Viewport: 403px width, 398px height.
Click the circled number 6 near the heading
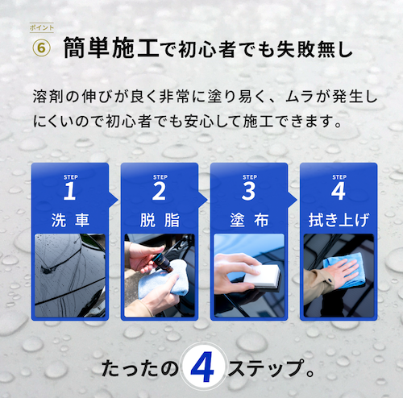(x=41, y=48)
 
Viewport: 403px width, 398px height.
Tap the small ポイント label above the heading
(x=42, y=27)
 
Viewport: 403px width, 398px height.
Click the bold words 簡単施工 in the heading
(x=111, y=48)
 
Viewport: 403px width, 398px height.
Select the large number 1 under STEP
(x=69, y=191)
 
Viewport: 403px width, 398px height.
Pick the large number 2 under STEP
(x=159, y=191)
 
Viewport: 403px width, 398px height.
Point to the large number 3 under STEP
(x=248, y=191)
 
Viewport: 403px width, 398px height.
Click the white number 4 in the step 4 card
(x=339, y=191)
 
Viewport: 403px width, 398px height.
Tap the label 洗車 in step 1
(x=70, y=220)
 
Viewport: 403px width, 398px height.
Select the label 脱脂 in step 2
(x=160, y=220)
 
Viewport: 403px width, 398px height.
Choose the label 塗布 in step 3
(x=249, y=220)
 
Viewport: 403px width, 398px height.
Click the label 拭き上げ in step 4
(x=339, y=220)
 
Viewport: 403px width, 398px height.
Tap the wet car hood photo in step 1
(x=70, y=276)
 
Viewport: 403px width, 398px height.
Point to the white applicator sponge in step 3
(x=262, y=276)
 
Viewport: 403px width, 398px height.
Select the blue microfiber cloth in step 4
(x=345, y=269)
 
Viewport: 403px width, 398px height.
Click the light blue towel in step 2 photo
(x=164, y=280)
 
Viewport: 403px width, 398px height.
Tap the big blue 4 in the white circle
(x=202, y=367)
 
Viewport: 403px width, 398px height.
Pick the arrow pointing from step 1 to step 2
(x=114, y=200)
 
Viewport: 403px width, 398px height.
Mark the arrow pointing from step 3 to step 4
(x=293, y=200)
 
